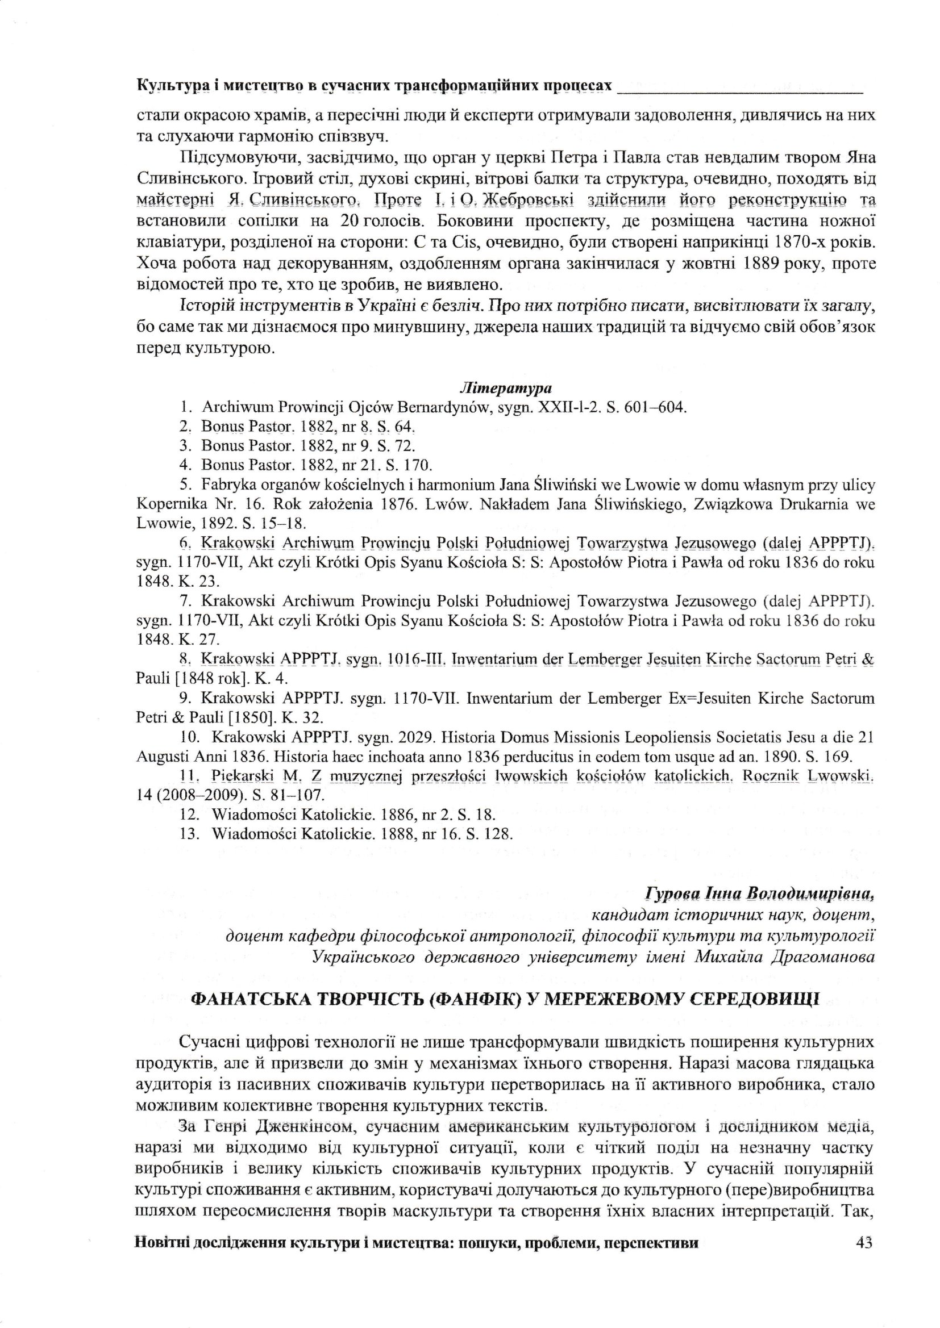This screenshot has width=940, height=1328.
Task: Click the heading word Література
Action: tap(506, 387)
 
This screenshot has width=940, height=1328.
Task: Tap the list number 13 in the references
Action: tap(190, 834)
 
